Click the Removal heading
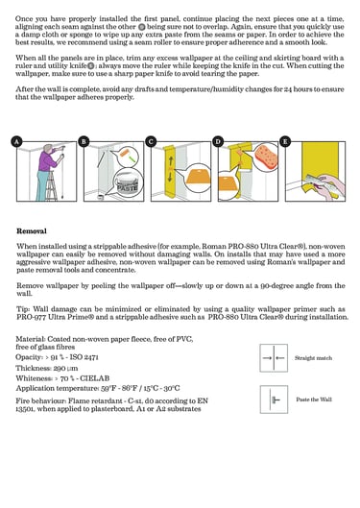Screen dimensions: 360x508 click(x=32, y=231)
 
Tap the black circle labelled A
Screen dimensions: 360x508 click(x=16, y=141)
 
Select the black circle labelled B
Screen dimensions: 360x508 click(x=84, y=141)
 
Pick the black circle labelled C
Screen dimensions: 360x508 click(x=151, y=141)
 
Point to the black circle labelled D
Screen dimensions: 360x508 click(x=218, y=141)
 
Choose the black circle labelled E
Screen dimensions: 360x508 click(x=285, y=141)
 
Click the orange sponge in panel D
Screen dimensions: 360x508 click(x=266, y=156)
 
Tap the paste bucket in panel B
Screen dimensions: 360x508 click(x=127, y=185)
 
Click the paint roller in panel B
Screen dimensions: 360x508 click(x=127, y=156)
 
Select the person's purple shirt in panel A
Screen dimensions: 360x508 click(x=48, y=161)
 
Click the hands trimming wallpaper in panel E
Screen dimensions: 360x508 click(x=327, y=186)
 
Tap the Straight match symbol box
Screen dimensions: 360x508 click(x=274, y=358)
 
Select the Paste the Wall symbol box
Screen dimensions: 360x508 click(x=274, y=399)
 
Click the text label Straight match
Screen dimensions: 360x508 click(x=313, y=358)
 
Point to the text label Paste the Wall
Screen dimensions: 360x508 click(x=314, y=399)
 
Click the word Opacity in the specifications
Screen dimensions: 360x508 click(x=29, y=357)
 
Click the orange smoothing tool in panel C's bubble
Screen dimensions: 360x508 click(x=197, y=177)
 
